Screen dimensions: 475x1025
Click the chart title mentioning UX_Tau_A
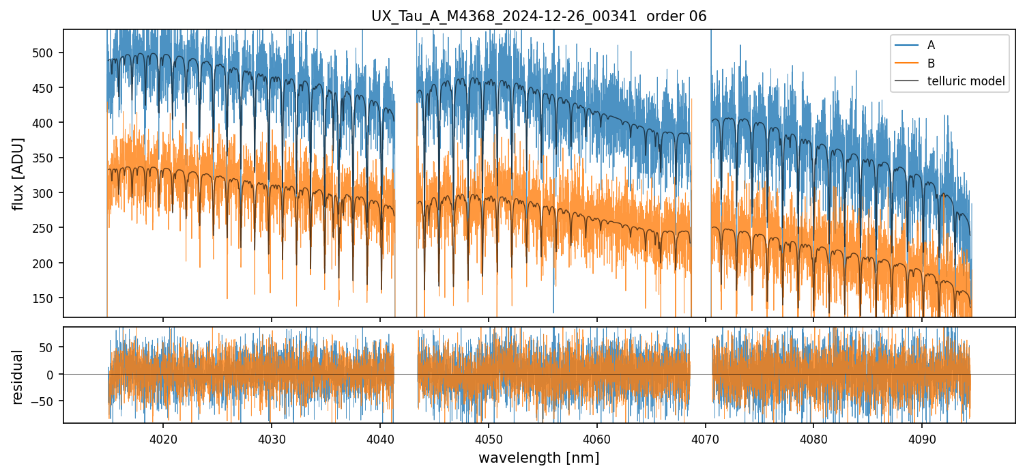(x=539, y=16)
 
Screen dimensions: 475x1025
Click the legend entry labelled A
(x=931, y=46)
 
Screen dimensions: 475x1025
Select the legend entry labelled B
(x=931, y=63)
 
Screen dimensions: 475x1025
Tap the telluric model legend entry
(x=966, y=81)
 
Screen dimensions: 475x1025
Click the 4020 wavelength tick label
(x=163, y=437)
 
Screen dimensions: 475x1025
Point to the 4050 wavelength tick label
(x=489, y=437)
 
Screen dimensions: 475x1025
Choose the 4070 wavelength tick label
(x=705, y=437)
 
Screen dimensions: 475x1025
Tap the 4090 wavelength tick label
(x=922, y=437)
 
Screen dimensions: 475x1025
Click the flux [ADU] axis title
(x=18, y=173)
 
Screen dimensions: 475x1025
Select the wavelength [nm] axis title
(x=539, y=458)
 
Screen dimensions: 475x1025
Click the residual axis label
(x=18, y=377)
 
